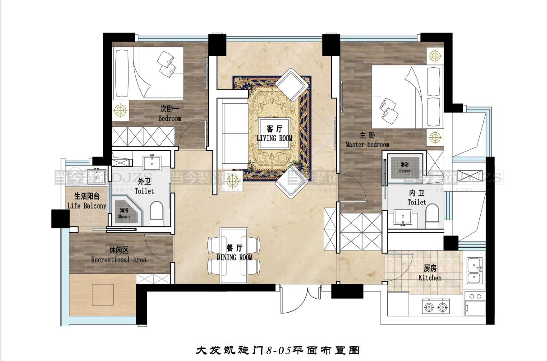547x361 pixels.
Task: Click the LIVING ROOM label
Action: tap(274, 138)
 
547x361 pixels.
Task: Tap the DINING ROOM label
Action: tap(234, 257)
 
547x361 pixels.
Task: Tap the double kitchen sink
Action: tap(474, 270)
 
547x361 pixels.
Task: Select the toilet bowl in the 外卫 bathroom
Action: tap(156, 213)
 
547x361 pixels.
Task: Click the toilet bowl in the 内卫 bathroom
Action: tap(432, 216)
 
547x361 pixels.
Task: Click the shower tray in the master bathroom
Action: tap(405, 166)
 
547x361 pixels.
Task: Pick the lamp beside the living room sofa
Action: tap(232, 182)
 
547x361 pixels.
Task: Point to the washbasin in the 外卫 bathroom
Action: tap(152, 162)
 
